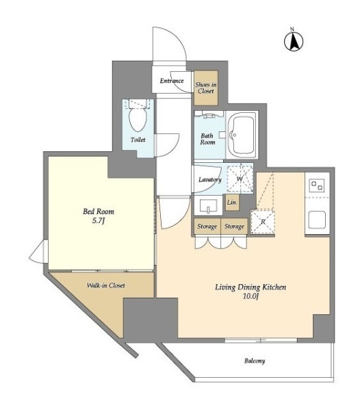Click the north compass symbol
[x=294, y=40]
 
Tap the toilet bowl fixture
[x=138, y=119]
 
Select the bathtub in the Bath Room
[x=241, y=135]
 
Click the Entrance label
[x=172, y=81]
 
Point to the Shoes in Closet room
[x=206, y=88]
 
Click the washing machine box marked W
[x=240, y=179]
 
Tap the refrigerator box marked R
[x=263, y=222]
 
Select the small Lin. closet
[x=232, y=203]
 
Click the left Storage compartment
[x=207, y=227]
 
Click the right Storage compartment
[x=234, y=227]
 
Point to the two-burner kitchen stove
[x=317, y=185]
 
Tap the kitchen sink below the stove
[x=317, y=220]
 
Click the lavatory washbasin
[x=208, y=206]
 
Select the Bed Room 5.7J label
[x=99, y=216]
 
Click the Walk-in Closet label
[x=106, y=285]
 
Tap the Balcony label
[x=255, y=361]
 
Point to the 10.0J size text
[x=251, y=296]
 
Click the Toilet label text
[x=138, y=140]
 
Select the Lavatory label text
[x=210, y=179]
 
